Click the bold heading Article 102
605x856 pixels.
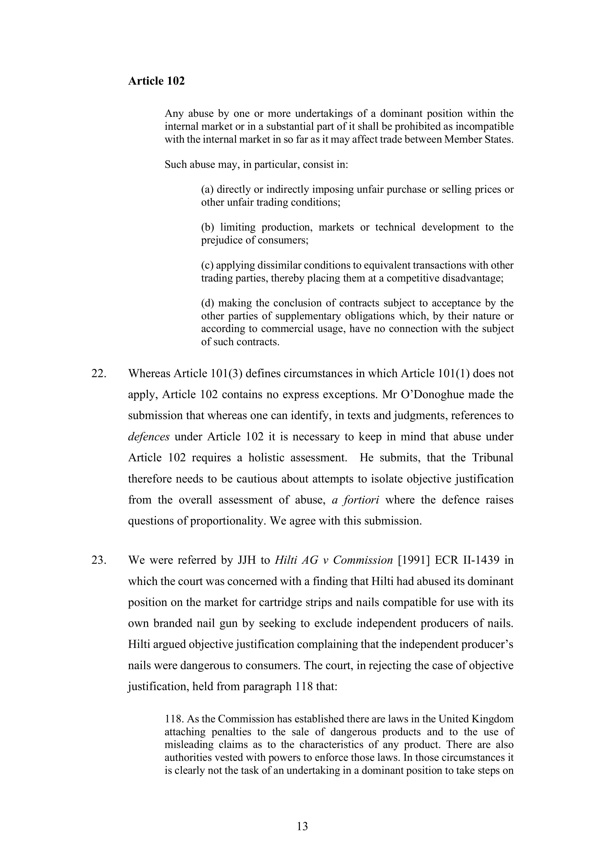[156, 81]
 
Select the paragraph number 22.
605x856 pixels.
[99, 373]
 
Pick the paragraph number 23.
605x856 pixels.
[99, 560]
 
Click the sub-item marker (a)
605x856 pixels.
[207, 190]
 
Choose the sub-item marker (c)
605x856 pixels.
[207, 265]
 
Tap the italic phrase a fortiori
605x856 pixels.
[355, 500]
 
